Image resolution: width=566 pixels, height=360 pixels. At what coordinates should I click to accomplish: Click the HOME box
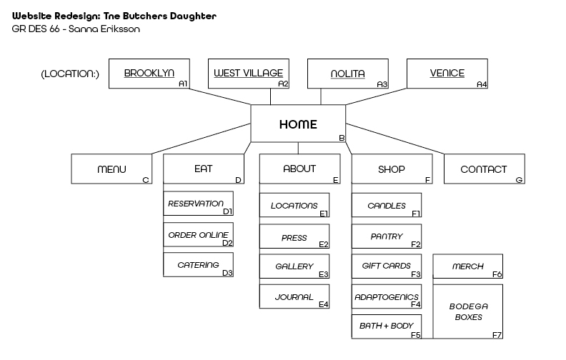(298, 124)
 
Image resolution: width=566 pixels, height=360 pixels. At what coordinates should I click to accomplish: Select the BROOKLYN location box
(149, 74)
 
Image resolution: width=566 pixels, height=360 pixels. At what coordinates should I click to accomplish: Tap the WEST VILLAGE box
(249, 74)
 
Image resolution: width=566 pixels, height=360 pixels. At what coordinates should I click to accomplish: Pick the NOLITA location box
(348, 74)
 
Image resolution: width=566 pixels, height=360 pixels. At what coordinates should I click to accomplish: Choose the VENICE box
(447, 74)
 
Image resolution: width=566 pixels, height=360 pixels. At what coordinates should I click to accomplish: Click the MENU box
(111, 169)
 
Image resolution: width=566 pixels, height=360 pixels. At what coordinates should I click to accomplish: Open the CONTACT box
(485, 169)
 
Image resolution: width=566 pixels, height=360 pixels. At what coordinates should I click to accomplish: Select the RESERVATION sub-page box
(198, 204)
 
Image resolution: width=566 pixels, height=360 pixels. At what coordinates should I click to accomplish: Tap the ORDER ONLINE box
(198, 235)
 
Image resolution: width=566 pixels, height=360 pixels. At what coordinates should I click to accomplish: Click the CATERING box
(198, 265)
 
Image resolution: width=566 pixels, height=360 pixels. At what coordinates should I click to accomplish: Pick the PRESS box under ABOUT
(294, 236)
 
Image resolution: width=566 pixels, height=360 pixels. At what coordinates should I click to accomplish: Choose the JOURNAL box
(294, 296)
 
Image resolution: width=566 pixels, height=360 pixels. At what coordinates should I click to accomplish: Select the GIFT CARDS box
(387, 266)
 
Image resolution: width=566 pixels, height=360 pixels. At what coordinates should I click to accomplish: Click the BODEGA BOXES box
(468, 311)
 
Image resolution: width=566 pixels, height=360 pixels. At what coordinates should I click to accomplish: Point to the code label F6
(497, 274)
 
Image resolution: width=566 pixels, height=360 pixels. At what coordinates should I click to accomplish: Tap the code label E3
(324, 274)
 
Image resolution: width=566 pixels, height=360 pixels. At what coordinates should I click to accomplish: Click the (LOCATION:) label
(70, 74)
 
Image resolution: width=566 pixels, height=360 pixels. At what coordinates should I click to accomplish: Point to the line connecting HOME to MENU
(201, 139)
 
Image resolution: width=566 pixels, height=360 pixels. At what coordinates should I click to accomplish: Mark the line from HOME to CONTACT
(395, 139)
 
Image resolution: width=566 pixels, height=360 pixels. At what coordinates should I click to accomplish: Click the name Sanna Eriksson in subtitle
(104, 29)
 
